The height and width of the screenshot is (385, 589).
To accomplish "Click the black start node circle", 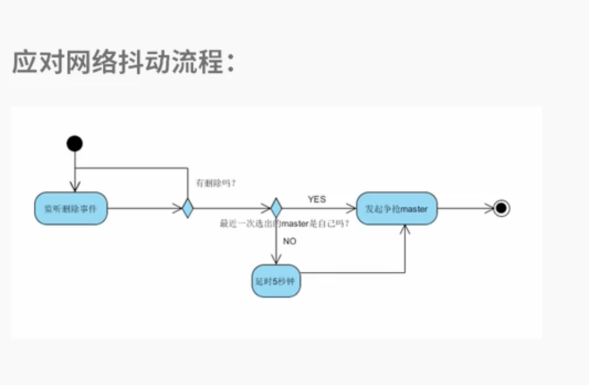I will [x=75, y=144].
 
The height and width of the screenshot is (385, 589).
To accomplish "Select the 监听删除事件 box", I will [x=70, y=209].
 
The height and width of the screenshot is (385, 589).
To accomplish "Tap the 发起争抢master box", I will [x=396, y=209].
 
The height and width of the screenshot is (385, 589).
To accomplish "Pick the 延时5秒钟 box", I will [x=276, y=280].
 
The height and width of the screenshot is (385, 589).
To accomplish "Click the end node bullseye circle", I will [x=501, y=209].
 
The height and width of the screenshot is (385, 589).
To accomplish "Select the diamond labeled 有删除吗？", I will [x=188, y=209].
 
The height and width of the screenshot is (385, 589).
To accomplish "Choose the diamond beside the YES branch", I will [x=276, y=209].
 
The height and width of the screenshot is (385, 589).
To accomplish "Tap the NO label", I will [x=290, y=241].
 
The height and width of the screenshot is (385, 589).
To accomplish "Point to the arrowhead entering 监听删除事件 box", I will [x=75, y=187].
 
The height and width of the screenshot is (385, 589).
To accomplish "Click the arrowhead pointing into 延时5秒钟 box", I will [x=276, y=259].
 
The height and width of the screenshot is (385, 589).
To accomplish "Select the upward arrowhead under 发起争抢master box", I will [x=406, y=230].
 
